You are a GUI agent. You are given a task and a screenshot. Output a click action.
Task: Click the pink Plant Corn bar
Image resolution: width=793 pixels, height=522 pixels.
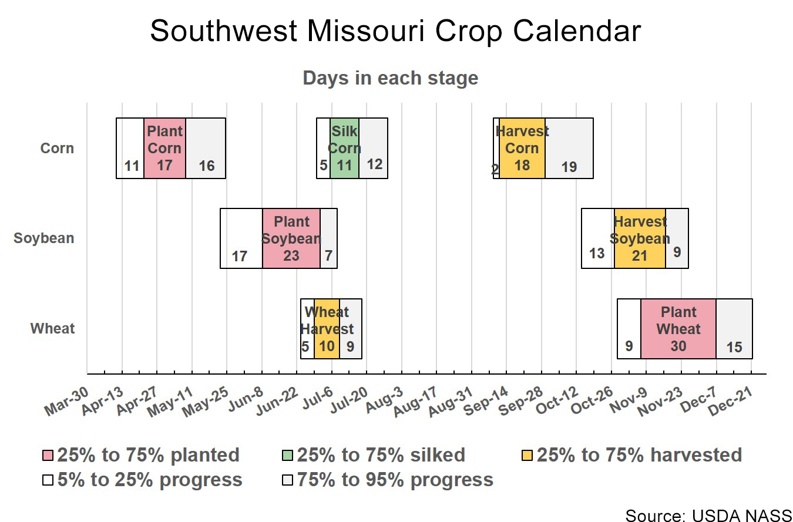[164, 148]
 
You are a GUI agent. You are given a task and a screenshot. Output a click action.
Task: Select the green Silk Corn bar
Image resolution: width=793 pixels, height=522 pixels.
[344, 148]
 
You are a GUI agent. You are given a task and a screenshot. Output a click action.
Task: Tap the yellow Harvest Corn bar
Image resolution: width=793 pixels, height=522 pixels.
[522, 148]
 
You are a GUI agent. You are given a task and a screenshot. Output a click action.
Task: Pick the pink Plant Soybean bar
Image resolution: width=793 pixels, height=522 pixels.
[291, 238]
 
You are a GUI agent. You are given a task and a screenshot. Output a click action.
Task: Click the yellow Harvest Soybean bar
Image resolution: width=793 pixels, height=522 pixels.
[640, 238]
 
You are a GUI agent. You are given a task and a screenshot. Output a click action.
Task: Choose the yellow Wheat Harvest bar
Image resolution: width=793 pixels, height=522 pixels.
[327, 329]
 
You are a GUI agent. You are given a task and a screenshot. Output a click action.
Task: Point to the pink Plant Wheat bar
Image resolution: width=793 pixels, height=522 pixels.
[678, 329]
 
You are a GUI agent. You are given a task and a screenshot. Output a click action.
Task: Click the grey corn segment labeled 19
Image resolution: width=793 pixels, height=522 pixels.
[569, 148]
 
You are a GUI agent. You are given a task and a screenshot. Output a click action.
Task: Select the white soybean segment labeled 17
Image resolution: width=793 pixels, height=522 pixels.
[241, 238]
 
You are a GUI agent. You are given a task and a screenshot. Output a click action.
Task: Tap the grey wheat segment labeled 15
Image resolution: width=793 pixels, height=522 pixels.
[734, 329]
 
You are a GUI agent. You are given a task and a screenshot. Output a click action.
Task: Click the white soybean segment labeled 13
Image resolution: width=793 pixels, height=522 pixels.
[597, 238]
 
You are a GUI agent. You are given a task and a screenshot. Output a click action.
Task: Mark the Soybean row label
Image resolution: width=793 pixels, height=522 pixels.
[44, 238]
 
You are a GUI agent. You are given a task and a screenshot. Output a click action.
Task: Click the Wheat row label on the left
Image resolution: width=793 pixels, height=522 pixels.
[53, 329]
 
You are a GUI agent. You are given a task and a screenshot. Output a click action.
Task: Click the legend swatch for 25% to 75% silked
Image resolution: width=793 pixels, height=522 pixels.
[287, 456]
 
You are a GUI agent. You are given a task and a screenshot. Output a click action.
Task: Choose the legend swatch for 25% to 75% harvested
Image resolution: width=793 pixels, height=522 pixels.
[527, 456]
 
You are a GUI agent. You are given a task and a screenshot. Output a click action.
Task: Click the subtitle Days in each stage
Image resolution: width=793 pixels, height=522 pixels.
[390, 78]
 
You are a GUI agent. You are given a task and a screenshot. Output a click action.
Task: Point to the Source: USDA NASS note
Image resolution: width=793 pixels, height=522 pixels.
[708, 515]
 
